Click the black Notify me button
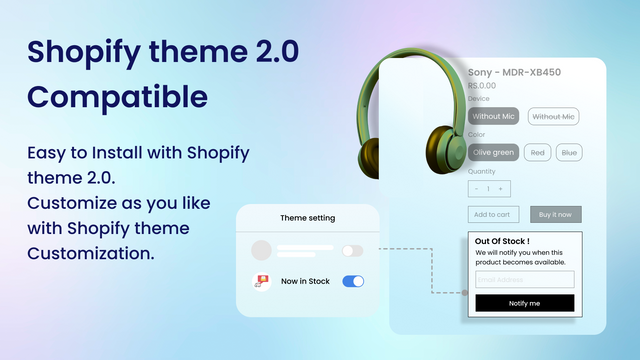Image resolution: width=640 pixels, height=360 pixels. click(524, 303)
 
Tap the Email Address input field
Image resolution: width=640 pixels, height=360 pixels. click(524, 280)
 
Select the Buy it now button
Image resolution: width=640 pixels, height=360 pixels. click(555, 214)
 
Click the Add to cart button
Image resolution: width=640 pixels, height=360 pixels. click(494, 214)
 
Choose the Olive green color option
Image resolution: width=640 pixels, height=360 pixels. click(494, 153)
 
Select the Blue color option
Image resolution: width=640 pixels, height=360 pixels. click(569, 153)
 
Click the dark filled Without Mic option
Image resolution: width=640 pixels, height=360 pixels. click(494, 117)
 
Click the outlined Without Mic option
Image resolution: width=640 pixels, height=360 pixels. click(554, 117)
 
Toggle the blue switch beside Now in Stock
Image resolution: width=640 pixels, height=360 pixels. click(353, 282)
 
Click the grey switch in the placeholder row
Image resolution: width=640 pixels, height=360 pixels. click(352, 251)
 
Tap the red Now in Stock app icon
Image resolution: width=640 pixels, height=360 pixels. click(261, 282)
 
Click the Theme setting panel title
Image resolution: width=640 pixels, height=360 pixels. click(308, 217)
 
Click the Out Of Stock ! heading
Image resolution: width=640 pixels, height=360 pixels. click(502, 241)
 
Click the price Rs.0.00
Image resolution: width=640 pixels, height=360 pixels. click(483, 86)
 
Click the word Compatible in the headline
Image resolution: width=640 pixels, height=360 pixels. click(118, 97)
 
